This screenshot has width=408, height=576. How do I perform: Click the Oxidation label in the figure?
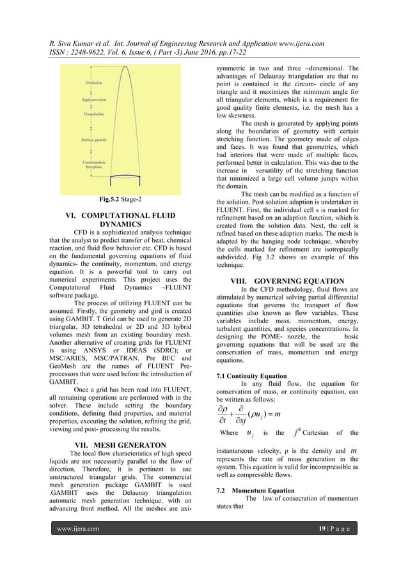tap(94, 83)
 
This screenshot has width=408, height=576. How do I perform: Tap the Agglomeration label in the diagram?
tap(94, 100)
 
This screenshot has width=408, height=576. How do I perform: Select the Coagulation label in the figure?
tap(94, 114)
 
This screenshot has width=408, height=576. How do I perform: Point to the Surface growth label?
tap(93, 139)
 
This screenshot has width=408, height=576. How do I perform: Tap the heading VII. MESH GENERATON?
tap(121, 444)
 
